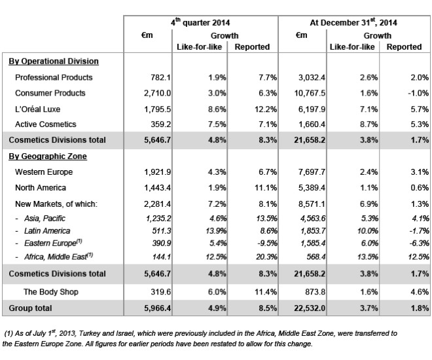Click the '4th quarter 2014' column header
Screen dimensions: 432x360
click(x=200, y=22)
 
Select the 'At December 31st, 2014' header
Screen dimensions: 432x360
click(x=353, y=22)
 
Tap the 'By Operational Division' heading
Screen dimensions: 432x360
click(x=54, y=61)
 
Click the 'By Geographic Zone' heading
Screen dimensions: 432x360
click(x=48, y=156)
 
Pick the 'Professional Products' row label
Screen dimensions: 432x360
click(x=54, y=77)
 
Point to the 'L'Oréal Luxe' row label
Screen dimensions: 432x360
click(x=37, y=109)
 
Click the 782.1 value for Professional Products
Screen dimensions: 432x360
click(x=160, y=77)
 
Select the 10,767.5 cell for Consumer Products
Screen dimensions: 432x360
click(x=310, y=93)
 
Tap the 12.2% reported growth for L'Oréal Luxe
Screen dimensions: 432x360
click(x=266, y=109)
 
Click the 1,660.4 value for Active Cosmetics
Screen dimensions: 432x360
click(x=312, y=124)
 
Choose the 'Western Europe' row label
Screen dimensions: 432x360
click(x=44, y=172)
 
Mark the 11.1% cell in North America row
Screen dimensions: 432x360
click(x=266, y=188)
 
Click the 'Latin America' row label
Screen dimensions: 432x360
click(x=47, y=230)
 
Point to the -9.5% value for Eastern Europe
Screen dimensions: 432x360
click(x=267, y=243)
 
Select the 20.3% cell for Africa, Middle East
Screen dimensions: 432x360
click(x=266, y=257)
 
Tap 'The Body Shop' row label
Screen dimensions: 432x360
click(x=51, y=292)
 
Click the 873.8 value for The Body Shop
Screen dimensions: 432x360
click(x=315, y=292)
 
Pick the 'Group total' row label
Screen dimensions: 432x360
click(x=30, y=308)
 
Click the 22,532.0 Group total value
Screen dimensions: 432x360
click(x=310, y=308)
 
